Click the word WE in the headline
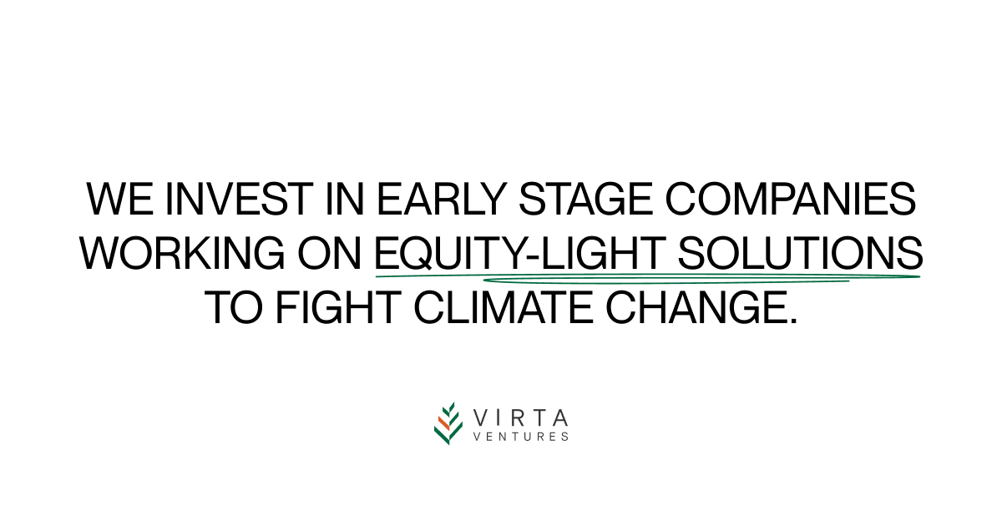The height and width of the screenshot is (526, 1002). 117,200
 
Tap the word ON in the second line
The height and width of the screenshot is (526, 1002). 333,253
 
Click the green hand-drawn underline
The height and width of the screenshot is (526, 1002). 647,277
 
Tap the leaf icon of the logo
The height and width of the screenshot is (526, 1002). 448,423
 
